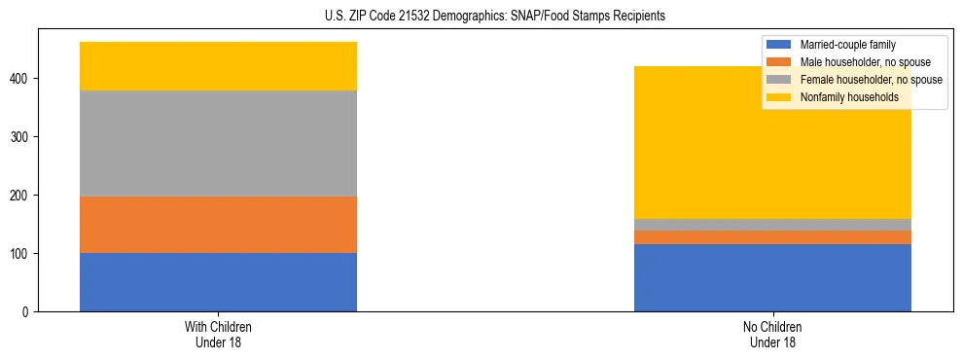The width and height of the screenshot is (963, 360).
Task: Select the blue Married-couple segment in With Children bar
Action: pos(218,282)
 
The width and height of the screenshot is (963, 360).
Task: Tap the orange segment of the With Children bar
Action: pos(218,225)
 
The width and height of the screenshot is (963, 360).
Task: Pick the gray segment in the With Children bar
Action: pos(218,144)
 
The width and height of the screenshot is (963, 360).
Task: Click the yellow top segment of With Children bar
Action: pos(218,66)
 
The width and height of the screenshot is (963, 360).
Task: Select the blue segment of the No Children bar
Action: pos(772,277)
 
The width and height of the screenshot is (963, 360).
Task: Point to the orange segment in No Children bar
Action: pos(772,237)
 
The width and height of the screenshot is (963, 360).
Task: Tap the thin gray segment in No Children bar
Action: pos(772,225)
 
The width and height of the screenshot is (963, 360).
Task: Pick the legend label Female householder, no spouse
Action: pos(871,80)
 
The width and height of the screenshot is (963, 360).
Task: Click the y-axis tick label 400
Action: pos(22,78)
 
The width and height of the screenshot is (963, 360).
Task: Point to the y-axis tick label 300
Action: pos(22,136)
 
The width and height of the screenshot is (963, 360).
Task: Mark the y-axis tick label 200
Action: pos(22,195)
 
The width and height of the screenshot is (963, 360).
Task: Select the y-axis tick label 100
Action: pos(22,253)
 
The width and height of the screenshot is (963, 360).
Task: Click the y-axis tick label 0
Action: pos(29,311)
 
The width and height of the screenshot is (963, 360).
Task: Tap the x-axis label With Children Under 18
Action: pos(218,334)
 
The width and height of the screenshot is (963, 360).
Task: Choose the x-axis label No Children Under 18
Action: pos(772,334)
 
